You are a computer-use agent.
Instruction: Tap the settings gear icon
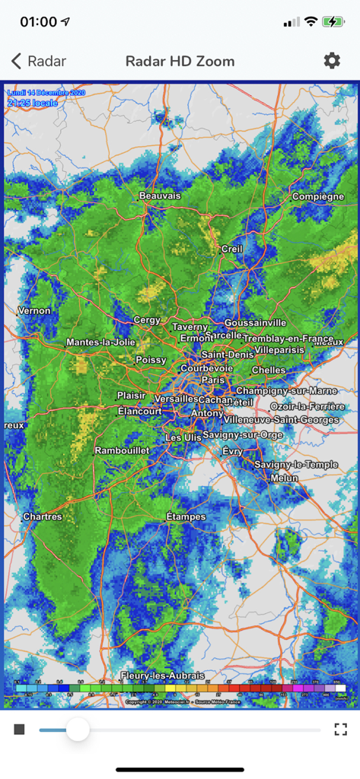tap(332, 61)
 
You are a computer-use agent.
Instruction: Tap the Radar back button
tap(39, 62)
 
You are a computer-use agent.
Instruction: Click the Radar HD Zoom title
tap(180, 62)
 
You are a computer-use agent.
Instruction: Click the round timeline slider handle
tap(77, 730)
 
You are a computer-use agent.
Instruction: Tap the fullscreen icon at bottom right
tap(340, 730)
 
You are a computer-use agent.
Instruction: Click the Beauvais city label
tap(160, 196)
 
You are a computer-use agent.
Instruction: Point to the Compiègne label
tap(318, 197)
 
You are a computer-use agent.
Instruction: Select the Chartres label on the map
tap(42, 517)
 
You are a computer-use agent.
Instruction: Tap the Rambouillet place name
tap(122, 450)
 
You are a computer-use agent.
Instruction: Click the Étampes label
tap(186, 517)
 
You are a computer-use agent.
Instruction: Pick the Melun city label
tap(284, 478)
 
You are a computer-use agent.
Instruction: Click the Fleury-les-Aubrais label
tap(162, 676)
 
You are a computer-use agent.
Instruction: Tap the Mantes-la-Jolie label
tap(100, 342)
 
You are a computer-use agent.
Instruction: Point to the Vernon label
tap(34, 310)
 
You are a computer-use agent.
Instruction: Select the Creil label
tap(231, 249)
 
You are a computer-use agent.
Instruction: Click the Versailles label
tap(175, 399)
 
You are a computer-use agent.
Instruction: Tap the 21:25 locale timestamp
tap(32, 102)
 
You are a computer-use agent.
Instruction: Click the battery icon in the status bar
tap(333, 22)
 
